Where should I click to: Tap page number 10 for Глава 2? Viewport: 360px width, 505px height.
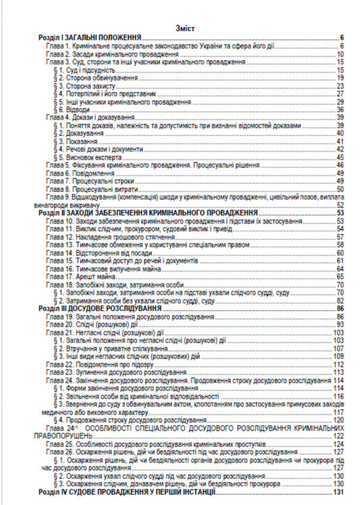click(342, 55)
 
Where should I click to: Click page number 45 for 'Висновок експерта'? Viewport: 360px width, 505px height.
click(342, 155)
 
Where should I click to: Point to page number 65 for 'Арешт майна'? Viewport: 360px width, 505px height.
click(342, 276)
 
